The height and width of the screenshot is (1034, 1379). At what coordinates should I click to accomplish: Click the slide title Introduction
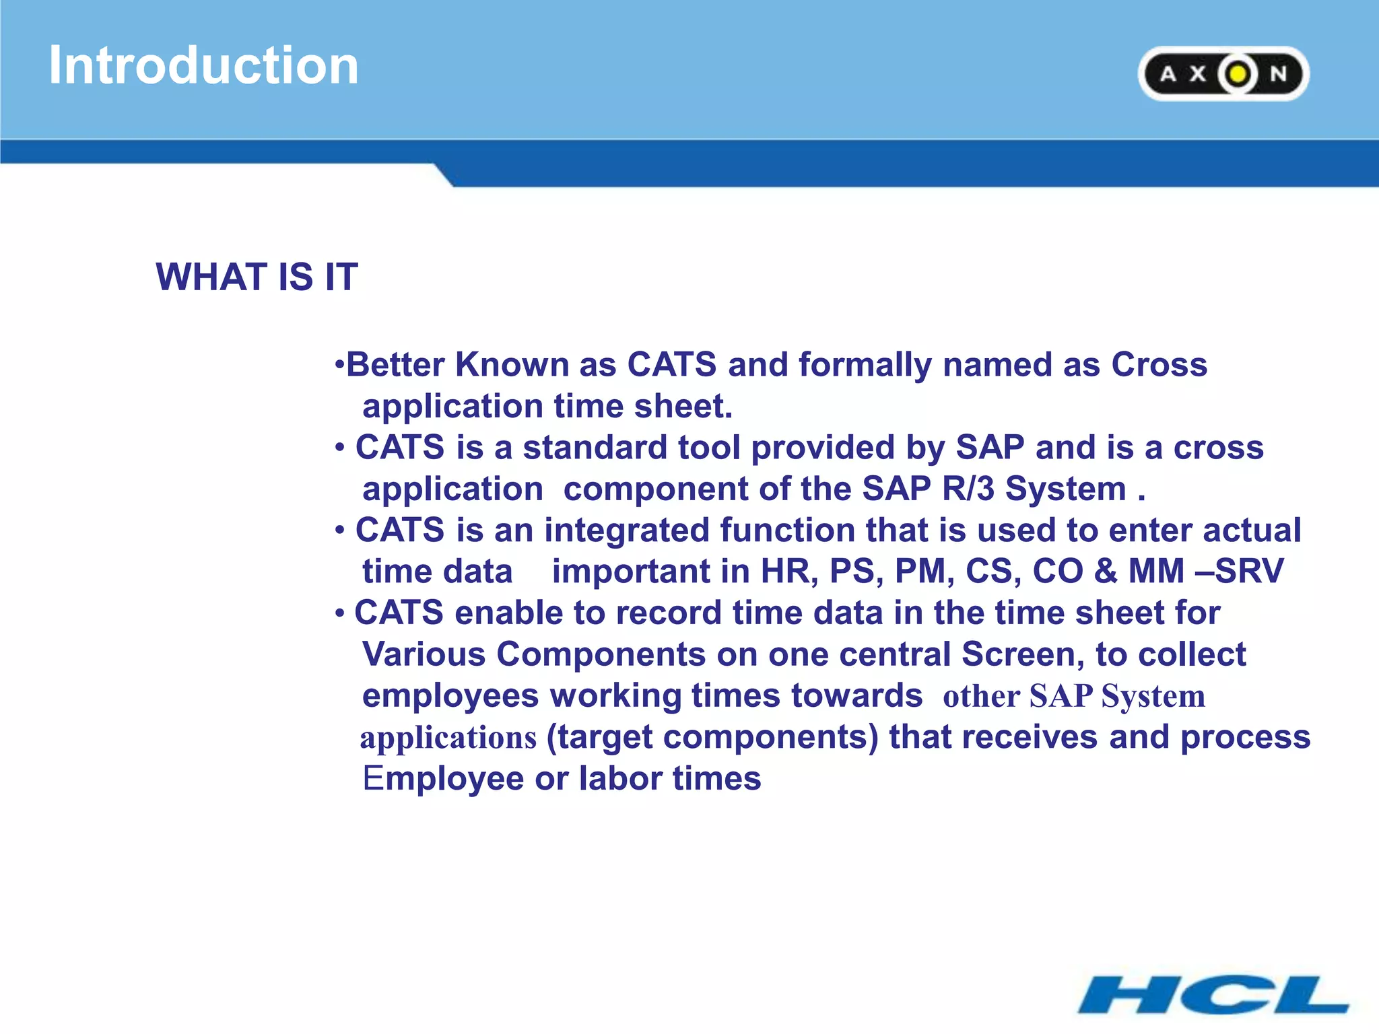[x=203, y=65]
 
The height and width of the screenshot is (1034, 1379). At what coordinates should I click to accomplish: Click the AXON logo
[x=1223, y=73]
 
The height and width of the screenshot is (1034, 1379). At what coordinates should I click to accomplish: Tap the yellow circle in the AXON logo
[x=1237, y=73]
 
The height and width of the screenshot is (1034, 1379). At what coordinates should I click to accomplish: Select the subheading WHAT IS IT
[x=257, y=277]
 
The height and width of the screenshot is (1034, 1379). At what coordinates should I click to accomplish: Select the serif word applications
[x=448, y=738]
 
